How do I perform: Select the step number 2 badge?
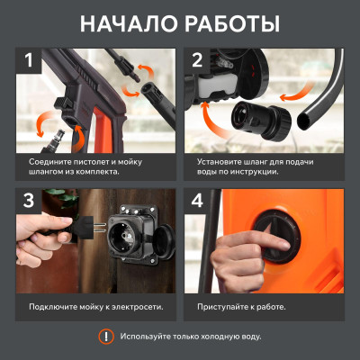(198, 64)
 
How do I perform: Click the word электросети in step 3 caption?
(137, 307)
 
